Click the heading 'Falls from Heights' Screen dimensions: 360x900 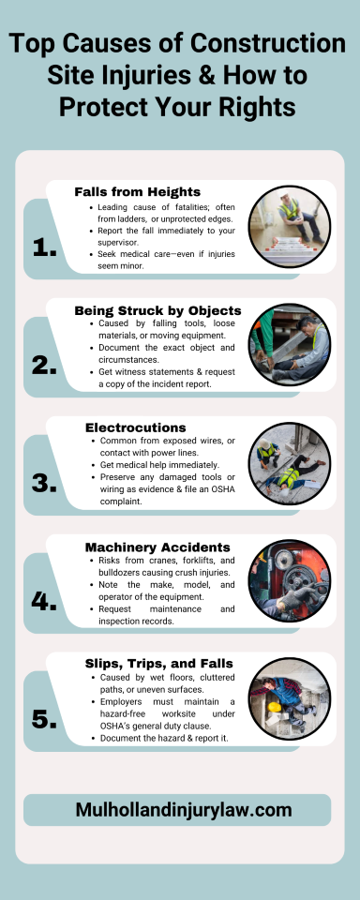tap(137, 191)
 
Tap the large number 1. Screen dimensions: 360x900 tap(45, 247)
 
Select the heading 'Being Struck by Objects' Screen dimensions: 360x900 tap(157, 311)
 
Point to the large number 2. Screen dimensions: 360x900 tap(44, 366)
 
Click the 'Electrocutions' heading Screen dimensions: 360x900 tap(136, 427)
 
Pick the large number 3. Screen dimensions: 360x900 tap(44, 484)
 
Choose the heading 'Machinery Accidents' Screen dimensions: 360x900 tap(157, 547)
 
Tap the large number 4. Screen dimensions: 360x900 tap(44, 602)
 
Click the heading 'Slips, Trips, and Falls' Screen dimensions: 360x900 tap(159, 664)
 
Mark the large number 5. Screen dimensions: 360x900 tap(44, 719)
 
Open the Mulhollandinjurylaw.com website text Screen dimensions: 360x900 tap(184, 810)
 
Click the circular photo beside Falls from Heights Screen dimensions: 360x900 tap(290, 226)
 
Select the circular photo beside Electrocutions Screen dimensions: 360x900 tap(290, 462)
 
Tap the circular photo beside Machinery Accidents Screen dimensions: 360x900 tap(290, 580)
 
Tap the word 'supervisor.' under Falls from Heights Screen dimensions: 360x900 tap(117, 242)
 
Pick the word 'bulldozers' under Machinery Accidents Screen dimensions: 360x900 tap(118, 572)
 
